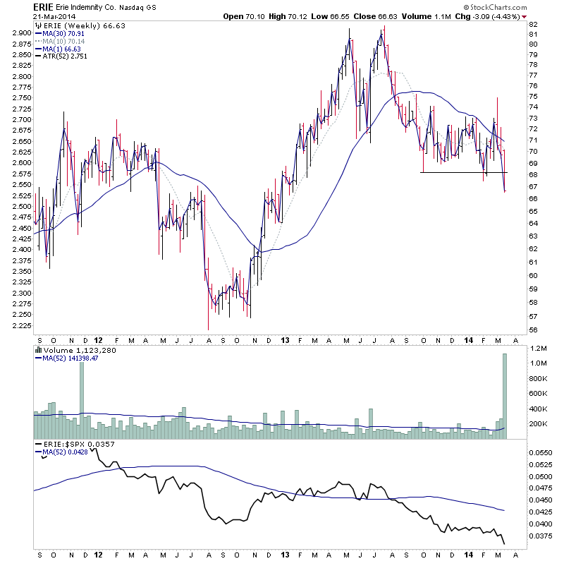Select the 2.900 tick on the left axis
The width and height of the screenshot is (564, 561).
[20, 32]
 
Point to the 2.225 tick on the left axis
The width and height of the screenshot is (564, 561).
[20, 326]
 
